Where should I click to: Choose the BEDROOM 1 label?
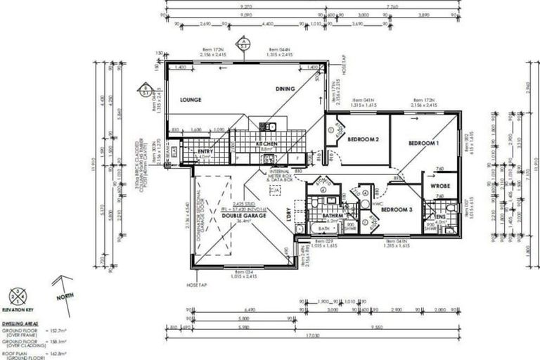click(x=424, y=143)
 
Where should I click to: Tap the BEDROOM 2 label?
click(x=364, y=139)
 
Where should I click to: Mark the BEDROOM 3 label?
click(x=397, y=209)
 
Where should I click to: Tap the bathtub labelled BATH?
click(x=323, y=229)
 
